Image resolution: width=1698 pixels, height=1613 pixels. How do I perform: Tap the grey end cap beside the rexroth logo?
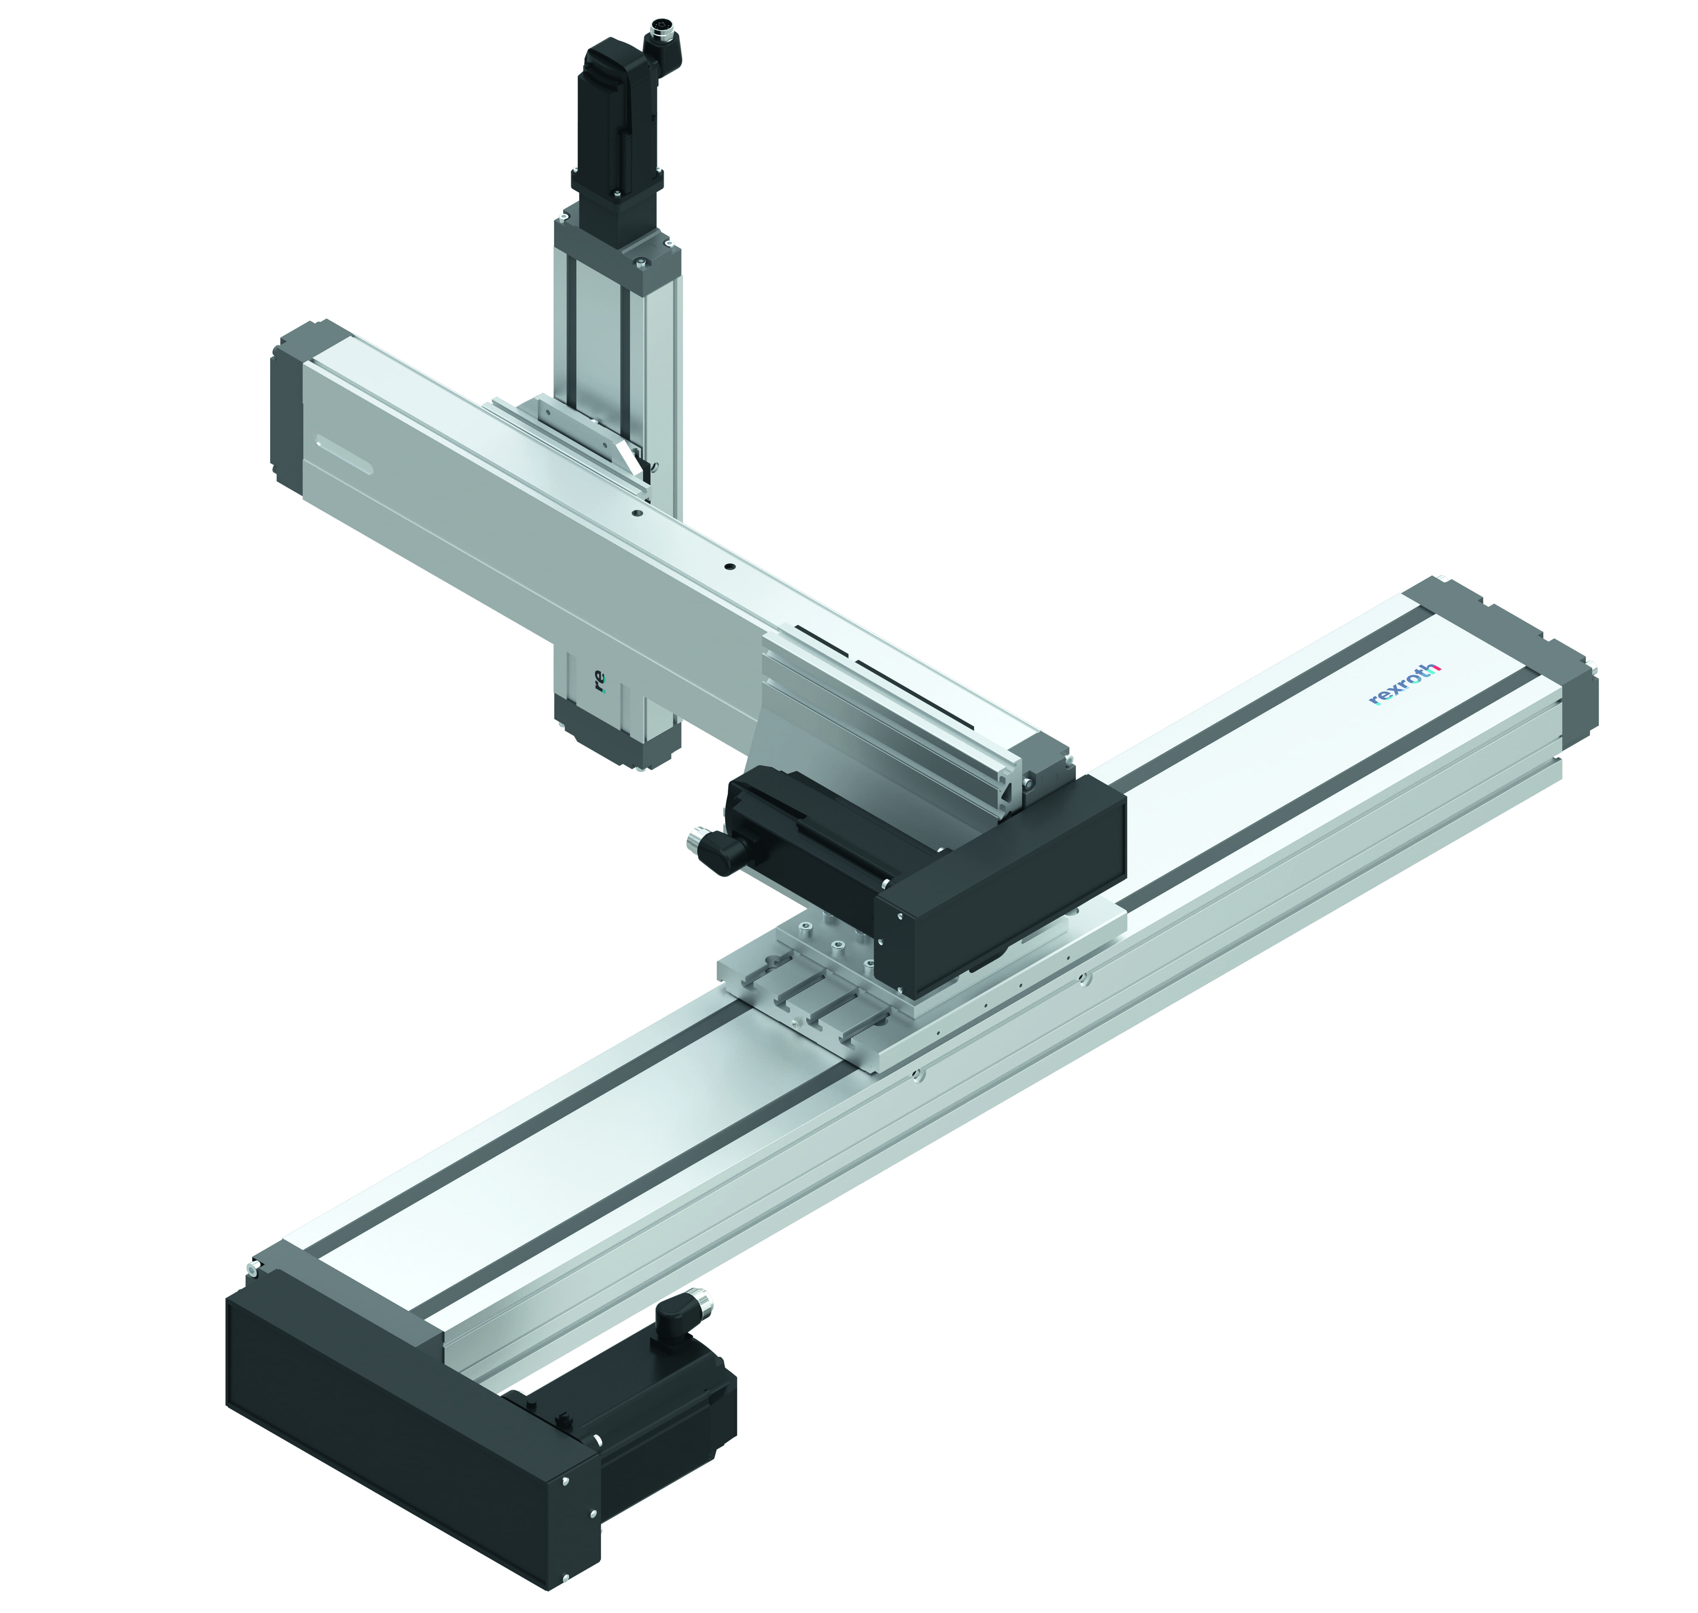pos(1539,653)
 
